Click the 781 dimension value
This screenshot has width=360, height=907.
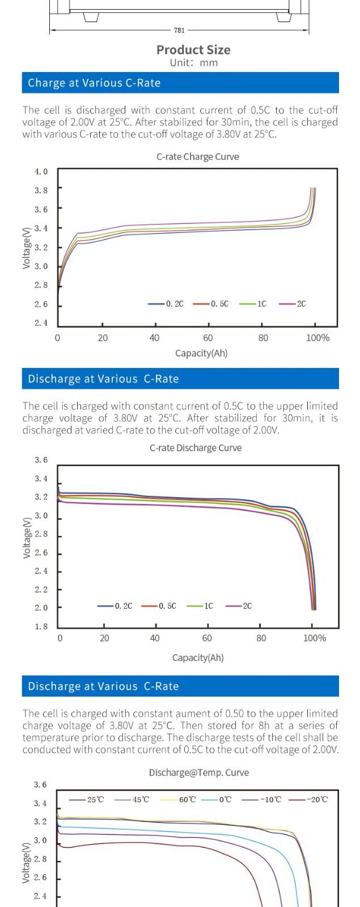pos(179,31)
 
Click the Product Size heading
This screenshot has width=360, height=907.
pos(193,50)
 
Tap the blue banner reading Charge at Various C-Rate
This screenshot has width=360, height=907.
pos(180,83)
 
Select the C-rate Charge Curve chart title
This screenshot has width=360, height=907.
pos(197,157)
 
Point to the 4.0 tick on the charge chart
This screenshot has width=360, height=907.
pos(41,172)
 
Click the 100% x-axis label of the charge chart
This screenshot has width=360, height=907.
pos(317,338)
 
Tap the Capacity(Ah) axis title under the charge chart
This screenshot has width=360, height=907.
pos(201,353)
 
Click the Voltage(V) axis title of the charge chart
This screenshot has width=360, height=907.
pos(26,248)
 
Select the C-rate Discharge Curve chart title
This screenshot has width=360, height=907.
pos(196,448)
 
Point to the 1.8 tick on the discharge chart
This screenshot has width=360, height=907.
pos(41,626)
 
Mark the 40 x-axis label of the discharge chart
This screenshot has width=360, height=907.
pos(154,638)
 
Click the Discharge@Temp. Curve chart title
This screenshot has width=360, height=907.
pos(198,773)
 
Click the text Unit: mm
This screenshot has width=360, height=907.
pos(193,63)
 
